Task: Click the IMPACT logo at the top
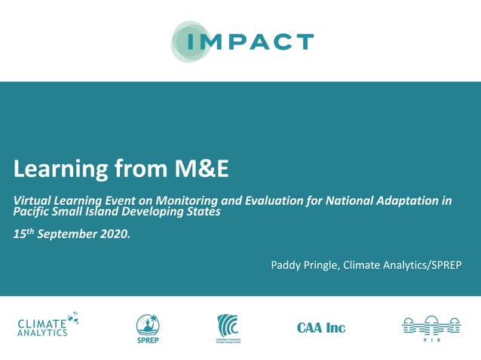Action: pos(241,41)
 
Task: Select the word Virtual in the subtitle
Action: pos(34,201)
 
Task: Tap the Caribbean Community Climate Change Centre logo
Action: pos(230,326)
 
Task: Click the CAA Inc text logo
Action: pos(321,328)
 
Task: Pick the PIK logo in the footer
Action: pos(430,326)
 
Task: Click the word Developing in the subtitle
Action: pos(165,212)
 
